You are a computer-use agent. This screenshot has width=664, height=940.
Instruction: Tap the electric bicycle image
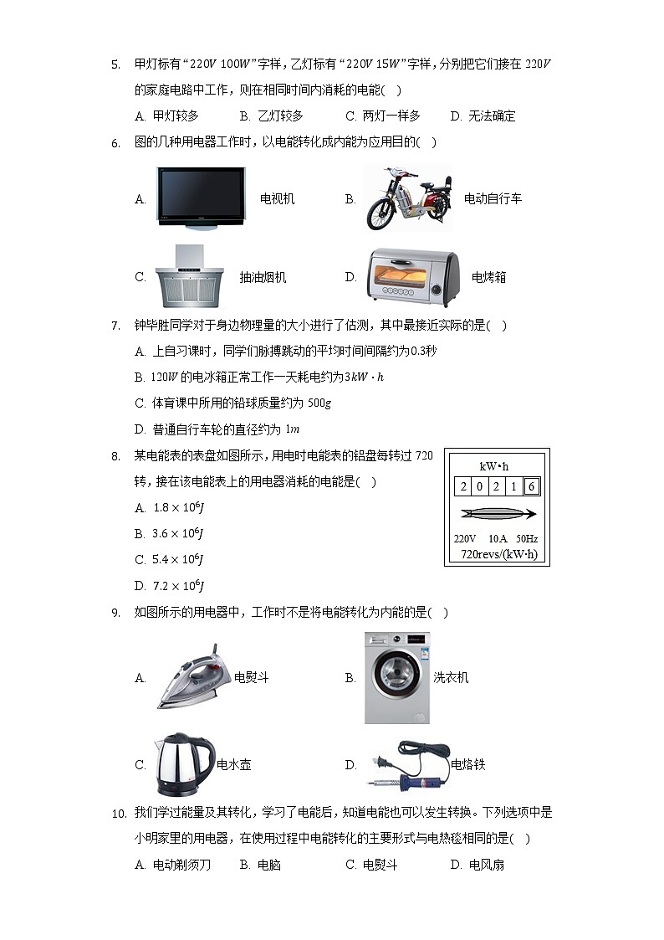tap(408, 199)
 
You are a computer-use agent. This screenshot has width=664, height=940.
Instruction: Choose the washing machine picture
tap(396, 677)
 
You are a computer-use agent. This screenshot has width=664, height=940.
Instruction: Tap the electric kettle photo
tap(183, 764)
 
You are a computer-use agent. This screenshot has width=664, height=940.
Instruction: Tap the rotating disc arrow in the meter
tap(497, 513)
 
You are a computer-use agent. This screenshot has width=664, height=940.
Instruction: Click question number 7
tap(116, 326)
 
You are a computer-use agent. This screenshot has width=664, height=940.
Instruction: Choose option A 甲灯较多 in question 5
tap(166, 116)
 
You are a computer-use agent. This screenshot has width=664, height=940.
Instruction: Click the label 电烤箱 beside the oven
tap(488, 277)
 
